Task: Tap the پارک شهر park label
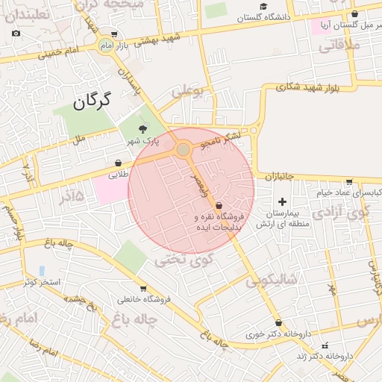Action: point(143,141)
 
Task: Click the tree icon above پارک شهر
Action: point(143,130)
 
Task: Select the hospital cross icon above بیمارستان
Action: point(282,201)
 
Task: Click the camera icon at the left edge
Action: point(16,34)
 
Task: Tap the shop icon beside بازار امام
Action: point(113,34)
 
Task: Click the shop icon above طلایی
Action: point(118,163)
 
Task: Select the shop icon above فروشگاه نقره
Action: point(219,205)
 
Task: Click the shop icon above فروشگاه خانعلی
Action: point(143,288)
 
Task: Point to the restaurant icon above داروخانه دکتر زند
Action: point(325,345)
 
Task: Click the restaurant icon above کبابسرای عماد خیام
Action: point(348,181)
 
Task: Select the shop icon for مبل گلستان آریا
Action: point(354,13)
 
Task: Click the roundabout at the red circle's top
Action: point(184,151)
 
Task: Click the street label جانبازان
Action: point(280,177)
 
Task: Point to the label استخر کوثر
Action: point(41,282)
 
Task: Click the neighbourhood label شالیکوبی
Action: point(273,280)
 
